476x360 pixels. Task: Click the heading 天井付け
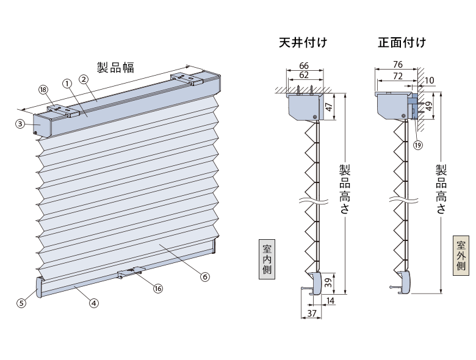pos(303,43)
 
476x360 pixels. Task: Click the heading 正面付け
pos(402,43)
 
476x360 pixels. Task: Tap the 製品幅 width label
pos(115,67)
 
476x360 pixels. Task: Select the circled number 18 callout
pos(43,90)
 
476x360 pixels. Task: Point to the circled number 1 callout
pos(67,84)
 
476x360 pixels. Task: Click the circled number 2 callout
pos(84,79)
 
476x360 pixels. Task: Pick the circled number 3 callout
pos(20,124)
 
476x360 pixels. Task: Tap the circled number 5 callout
pos(21,303)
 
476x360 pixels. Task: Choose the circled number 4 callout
pos(94,303)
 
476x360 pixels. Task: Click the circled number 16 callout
pos(158,289)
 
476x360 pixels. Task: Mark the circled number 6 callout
pos(205,276)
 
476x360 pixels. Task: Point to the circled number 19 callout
pos(418,145)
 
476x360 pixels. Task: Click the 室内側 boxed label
pos(267,259)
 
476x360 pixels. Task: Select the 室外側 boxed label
pos(461,256)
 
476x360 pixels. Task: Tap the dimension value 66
pos(304,65)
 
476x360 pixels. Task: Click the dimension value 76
pos(398,65)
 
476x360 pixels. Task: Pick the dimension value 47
pos(329,107)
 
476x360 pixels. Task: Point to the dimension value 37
pos(312,313)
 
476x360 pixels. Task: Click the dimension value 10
pos(429,81)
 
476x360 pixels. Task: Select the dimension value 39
pos(328,283)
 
